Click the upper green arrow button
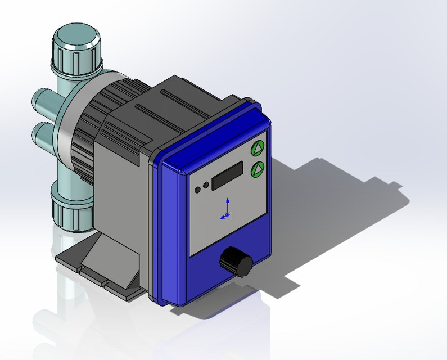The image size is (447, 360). (x=258, y=148)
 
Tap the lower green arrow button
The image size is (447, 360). (x=258, y=168)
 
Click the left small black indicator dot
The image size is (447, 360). (x=197, y=188)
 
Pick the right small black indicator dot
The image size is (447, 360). (x=206, y=184)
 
